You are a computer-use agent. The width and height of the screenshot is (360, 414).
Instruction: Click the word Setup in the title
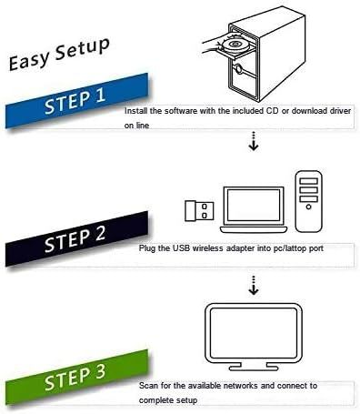(x=83, y=47)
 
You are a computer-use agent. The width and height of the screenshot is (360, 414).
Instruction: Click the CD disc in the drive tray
(x=235, y=45)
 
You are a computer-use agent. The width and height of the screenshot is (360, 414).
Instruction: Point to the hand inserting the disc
(x=213, y=45)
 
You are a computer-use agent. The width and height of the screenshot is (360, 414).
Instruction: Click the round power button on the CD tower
(x=239, y=69)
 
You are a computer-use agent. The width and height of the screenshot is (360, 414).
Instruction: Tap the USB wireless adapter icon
(x=199, y=210)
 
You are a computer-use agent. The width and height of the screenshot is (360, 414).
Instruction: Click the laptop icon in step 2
(x=254, y=209)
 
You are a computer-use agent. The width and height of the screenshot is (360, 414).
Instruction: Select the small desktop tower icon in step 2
(x=308, y=201)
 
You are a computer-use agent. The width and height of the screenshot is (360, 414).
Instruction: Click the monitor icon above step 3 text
(x=254, y=337)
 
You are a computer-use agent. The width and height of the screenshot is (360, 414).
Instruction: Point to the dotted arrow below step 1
(x=254, y=141)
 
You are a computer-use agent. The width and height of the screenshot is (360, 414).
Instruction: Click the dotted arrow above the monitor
(x=254, y=285)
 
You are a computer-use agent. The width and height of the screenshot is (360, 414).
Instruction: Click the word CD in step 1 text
(x=273, y=111)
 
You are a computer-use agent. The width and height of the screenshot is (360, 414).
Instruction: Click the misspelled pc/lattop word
(x=291, y=248)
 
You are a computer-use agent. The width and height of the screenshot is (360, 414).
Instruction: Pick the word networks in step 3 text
(x=241, y=386)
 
